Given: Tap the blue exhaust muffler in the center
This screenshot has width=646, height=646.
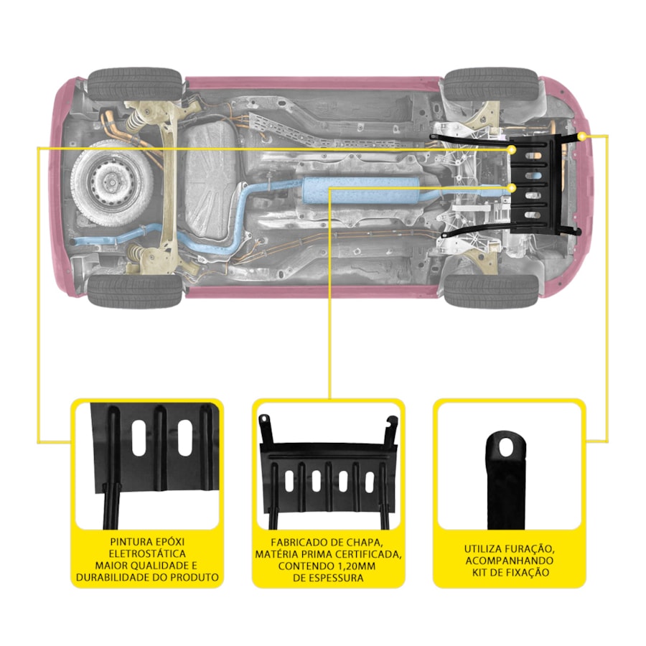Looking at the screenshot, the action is click(x=360, y=190).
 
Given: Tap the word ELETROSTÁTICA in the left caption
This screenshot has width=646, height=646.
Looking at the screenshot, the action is click(x=147, y=553).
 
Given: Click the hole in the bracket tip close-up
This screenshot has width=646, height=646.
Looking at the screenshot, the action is click(x=506, y=448).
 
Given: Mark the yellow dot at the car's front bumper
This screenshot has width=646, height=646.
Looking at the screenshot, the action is click(x=581, y=136).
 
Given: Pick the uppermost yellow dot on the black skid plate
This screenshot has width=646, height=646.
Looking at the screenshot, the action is click(x=511, y=149).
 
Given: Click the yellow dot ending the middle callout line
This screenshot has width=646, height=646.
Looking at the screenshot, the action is click(x=512, y=188).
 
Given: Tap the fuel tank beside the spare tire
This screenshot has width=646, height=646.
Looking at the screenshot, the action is click(x=210, y=180).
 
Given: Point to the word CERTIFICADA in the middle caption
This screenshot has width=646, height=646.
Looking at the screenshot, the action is click(x=369, y=554).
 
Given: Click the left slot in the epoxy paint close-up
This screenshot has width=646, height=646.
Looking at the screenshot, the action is click(x=139, y=438).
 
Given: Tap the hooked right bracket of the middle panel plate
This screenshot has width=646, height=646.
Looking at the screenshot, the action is click(x=390, y=431).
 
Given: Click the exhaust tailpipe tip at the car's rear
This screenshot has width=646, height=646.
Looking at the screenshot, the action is click(x=74, y=241).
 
